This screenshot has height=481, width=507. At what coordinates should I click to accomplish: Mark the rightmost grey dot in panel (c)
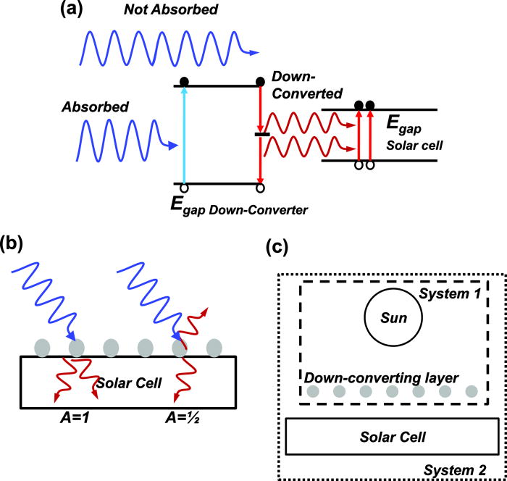point(472,392)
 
